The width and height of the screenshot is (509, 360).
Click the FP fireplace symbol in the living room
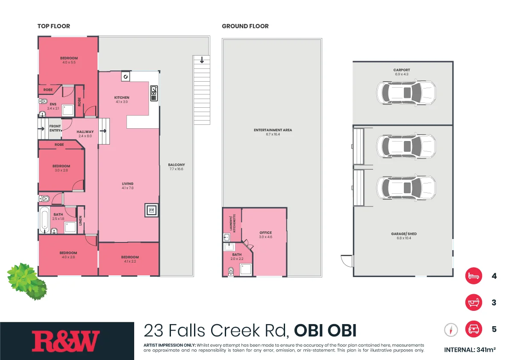(151, 210)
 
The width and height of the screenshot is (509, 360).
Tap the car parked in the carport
(406, 92)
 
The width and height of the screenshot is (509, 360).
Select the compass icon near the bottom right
(451, 330)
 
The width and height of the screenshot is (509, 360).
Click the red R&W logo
(66, 341)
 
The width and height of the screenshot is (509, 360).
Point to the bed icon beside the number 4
(473, 276)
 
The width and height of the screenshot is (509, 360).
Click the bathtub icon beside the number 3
(473, 302)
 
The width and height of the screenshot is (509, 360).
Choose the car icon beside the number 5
(473, 329)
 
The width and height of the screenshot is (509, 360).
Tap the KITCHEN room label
(122, 98)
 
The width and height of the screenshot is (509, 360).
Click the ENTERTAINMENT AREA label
(273, 130)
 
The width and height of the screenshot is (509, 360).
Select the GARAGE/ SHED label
(403, 234)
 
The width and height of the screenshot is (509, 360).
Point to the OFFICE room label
(265, 233)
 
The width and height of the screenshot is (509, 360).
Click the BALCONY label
(177, 165)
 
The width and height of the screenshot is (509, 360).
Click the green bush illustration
(26, 280)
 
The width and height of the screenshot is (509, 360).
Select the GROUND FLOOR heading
(245, 26)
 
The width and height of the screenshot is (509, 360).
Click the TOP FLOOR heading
(53, 26)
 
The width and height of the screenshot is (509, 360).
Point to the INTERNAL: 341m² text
(470, 350)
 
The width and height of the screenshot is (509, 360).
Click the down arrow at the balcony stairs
(202, 60)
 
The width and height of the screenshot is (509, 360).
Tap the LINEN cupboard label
(80, 220)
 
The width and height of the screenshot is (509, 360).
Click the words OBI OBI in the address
(325, 330)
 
